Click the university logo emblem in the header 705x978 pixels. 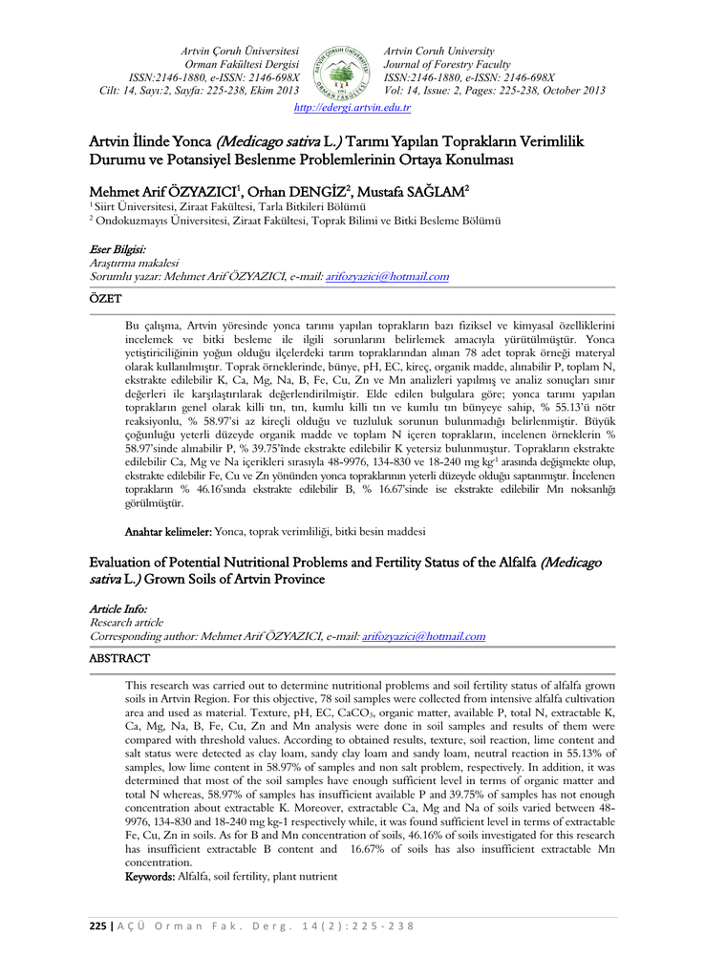(341, 71)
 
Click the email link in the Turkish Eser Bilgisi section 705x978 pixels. (387, 276)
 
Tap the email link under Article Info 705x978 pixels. (423, 636)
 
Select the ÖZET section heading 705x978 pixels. (105, 299)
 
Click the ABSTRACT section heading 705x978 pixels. (119, 659)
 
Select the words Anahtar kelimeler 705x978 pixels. (169, 531)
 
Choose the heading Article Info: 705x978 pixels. (119, 608)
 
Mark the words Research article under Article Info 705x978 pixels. (126, 622)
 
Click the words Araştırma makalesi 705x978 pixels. (134, 263)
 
